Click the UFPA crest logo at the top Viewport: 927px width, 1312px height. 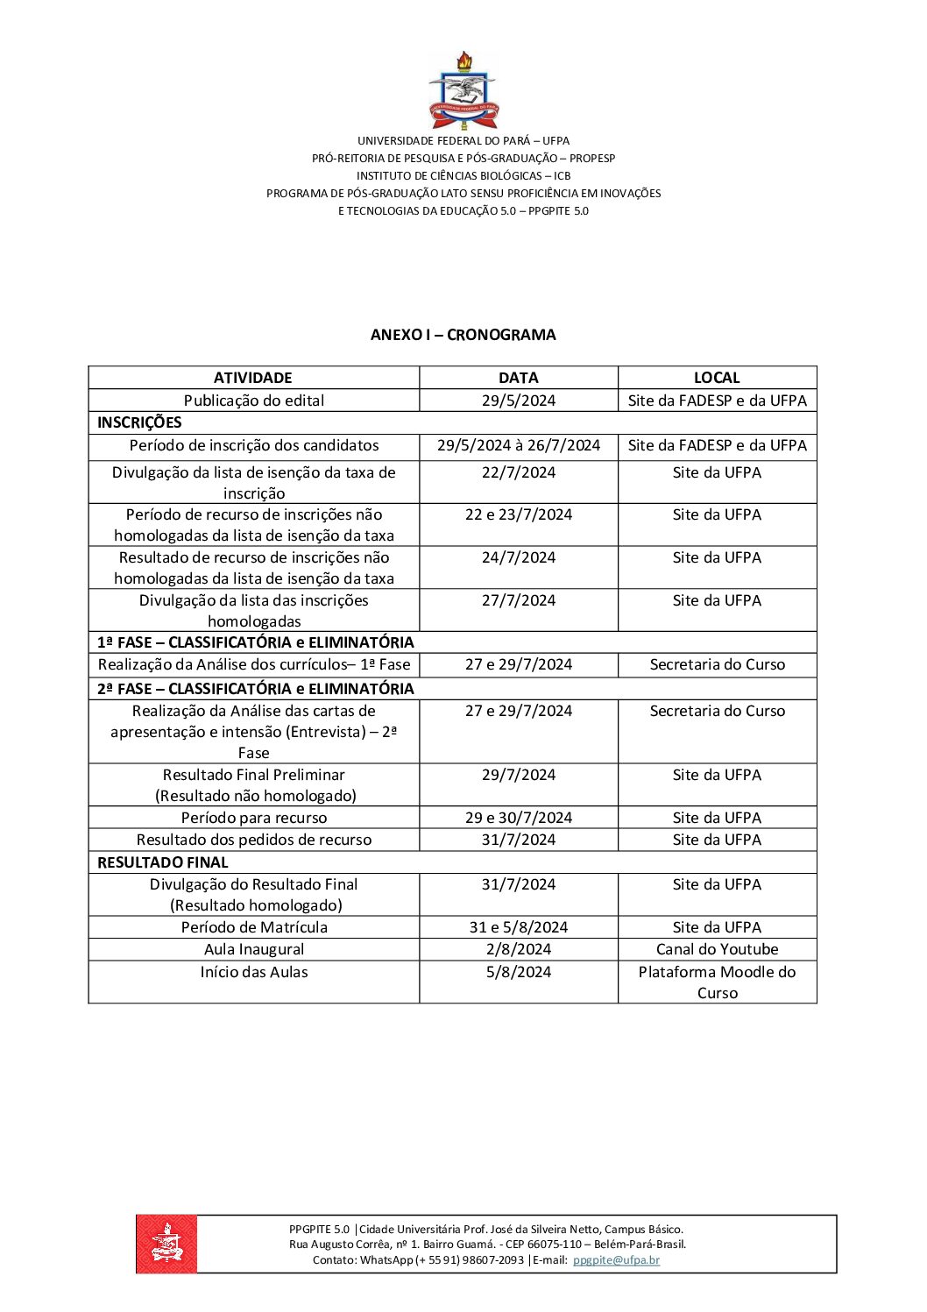pos(463,91)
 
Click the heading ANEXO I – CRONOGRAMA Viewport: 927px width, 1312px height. pos(463,335)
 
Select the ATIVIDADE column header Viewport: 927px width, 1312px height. pos(253,378)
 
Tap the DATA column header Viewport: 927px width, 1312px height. pos(518,378)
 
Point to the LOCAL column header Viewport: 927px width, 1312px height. pos(717,378)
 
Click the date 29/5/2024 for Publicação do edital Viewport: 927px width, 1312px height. pos(518,401)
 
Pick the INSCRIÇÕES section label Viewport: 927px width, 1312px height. pos(139,422)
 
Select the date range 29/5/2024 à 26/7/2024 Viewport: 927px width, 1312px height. pos(518,445)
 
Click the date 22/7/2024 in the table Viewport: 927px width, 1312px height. pos(518,472)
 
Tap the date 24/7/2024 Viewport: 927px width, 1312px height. pos(518,557)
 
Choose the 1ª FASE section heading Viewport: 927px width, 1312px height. pos(255,642)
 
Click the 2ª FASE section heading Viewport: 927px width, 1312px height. pos(255,689)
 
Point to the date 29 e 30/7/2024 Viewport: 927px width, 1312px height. pos(518,818)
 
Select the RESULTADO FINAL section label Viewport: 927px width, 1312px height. pos(162,862)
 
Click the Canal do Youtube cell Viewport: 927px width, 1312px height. pos(717,949)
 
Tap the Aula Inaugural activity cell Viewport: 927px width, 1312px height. pos(253,949)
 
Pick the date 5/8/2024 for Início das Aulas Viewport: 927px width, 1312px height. pos(518,972)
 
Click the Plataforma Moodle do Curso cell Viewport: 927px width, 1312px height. pos(717,982)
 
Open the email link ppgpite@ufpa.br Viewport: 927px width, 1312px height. pos(616,1260)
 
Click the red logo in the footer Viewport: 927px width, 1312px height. pos(166,1244)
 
